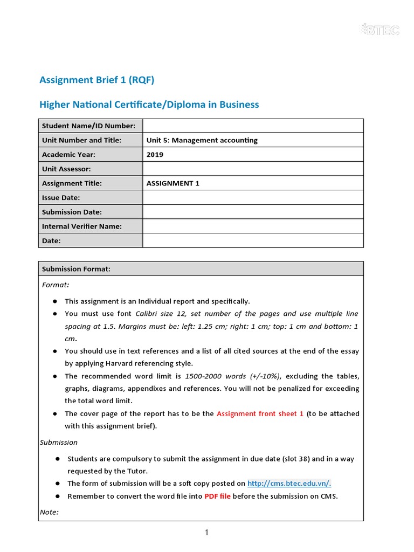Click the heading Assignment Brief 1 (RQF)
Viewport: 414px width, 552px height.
coord(97,80)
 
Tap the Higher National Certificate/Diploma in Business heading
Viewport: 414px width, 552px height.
coord(149,105)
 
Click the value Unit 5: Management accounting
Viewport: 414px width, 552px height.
coord(202,140)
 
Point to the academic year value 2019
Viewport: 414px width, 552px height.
coord(155,155)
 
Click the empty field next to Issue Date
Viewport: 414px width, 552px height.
coord(253,198)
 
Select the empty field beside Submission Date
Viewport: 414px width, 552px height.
coord(253,212)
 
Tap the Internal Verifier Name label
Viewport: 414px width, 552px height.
coord(82,226)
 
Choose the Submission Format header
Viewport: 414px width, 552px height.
coord(76,269)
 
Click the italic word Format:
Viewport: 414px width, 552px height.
coord(56,285)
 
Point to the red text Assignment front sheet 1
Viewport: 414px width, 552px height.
coord(260,413)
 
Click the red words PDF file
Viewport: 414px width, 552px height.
coord(217,496)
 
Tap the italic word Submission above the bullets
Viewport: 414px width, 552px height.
coord(59,442)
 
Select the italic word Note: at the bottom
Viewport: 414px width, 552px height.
coord(49,512)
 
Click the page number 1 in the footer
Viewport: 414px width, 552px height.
coord(206,533)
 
